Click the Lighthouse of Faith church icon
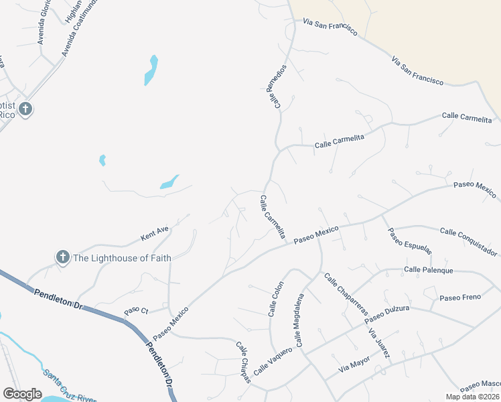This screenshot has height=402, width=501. pos(62,257)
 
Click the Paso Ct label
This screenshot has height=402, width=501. pos(136,312)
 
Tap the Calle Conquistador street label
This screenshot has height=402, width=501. pos(469,242)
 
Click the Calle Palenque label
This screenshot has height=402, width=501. pos(429,270)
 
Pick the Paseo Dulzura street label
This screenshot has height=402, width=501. pos(386,314)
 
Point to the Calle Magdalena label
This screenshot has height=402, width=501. pos(299,320)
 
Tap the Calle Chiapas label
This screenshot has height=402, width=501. pos(243,362)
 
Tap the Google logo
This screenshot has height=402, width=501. pos(22,394)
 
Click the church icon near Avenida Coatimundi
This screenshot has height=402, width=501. pos(25,109)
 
